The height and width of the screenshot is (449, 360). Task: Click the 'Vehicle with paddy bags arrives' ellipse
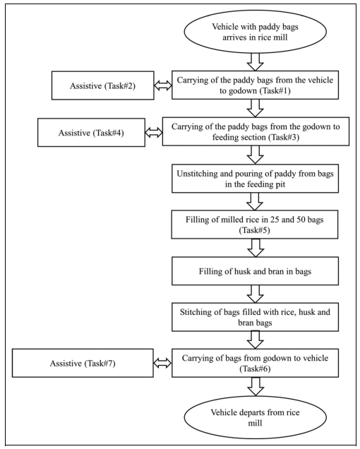tap(255, 32)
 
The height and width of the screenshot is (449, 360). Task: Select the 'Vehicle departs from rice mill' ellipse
tap(255, 417)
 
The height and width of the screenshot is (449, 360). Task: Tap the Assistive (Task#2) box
tap(102, 85)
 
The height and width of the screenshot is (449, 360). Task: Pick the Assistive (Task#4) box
tap(91, 133)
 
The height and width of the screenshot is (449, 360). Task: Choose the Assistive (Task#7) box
tap(83, 363)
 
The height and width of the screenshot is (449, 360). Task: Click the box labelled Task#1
tap(255, 85)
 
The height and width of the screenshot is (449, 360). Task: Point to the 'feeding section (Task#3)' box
tap(256, 131)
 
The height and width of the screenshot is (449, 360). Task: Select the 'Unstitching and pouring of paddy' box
tap(255, 179)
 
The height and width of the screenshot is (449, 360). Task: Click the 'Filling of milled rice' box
tap(255, 224)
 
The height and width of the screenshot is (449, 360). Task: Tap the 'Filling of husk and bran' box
tap(255, 271)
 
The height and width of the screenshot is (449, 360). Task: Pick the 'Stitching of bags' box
tap(255, 317)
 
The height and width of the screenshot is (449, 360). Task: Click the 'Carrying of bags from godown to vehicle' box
tap(255, 363)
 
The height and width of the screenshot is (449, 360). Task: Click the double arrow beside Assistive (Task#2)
tap(162, 85)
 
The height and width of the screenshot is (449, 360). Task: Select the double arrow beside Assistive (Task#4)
tap(154, 133)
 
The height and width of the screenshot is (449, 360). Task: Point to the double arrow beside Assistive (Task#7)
tap(162, 363)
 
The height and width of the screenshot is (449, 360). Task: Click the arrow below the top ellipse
tap(256, 62)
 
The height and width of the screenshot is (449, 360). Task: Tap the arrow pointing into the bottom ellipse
tap(256, 386)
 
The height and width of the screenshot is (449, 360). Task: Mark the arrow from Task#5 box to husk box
tap(256, 248)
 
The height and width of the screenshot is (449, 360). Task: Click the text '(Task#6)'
tap(255, 369)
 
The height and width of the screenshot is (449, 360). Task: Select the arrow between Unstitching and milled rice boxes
tap(255, 201)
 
